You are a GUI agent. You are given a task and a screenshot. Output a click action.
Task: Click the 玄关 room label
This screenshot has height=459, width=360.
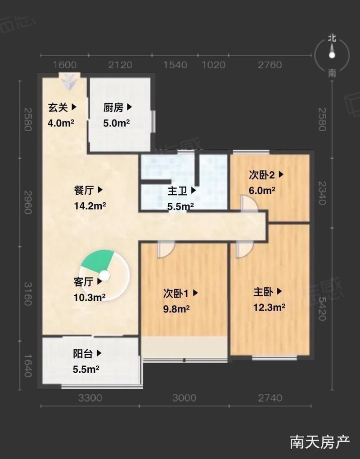[58, 107]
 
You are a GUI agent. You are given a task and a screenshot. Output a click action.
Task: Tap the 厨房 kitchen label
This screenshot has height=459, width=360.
[113, 107]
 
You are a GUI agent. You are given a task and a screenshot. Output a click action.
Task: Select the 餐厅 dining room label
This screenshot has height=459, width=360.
[84, 190]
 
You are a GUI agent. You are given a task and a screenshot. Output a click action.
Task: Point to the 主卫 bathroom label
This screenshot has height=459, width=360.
[177, 191]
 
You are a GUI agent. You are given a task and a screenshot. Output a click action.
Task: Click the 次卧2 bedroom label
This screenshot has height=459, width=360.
[262, 175]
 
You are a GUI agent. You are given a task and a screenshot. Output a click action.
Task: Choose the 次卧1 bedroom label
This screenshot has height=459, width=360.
[176, 293]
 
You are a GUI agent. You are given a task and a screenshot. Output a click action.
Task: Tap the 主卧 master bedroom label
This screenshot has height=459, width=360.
[263, 292]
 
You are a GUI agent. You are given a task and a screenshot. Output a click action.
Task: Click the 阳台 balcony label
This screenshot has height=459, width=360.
[83, 354]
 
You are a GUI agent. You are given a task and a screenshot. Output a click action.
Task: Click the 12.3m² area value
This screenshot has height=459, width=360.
[270, 307]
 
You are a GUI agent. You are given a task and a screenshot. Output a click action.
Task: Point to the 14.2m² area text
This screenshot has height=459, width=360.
[90, 206]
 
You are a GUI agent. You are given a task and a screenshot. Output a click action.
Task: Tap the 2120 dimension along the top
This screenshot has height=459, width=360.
[120, 65]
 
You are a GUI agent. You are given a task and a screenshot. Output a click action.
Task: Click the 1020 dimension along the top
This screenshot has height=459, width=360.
[214, 65]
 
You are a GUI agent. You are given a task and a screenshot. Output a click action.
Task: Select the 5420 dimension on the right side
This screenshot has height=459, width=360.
[322, 309]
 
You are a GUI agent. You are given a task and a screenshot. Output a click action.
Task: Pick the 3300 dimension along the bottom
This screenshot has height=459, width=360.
[90, 398]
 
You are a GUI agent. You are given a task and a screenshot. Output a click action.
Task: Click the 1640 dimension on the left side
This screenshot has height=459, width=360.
[28, 366]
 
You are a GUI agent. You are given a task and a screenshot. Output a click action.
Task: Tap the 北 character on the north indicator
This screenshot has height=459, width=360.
[332, 38]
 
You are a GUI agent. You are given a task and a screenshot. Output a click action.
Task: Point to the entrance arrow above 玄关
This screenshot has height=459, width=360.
[69, 81]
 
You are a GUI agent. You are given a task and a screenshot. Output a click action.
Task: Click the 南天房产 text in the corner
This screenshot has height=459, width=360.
[320, 442]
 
